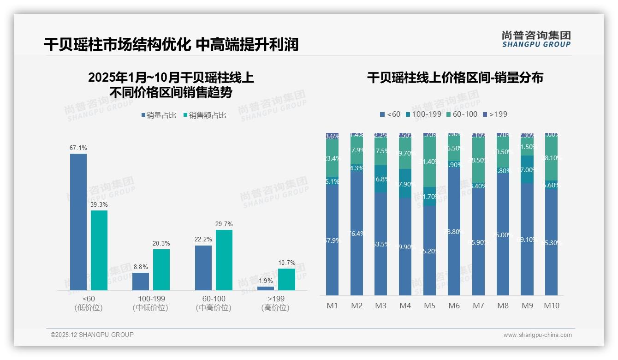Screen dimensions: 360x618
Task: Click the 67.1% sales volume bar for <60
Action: click(x=78, y=222)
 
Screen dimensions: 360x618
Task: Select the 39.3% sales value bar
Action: click(x=99, y=250)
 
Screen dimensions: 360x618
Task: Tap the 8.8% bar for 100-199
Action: click(x=141, y=281)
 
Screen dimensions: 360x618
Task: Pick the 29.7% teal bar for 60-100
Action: click(x=224, y=260)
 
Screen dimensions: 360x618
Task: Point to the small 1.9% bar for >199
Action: click(x=265, y=288)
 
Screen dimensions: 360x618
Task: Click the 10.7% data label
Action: click(x=287, y=263)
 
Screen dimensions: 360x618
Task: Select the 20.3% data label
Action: click(x=161, y=244)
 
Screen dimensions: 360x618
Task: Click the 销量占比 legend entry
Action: click(x=159, y=115)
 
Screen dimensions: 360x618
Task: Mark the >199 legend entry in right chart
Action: click(x=495, y=114)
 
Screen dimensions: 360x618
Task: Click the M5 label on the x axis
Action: click(x=429, y=306)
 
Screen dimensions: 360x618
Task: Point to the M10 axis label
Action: click(x=551, y=306)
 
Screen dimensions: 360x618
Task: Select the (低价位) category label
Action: click(x=88, y=308)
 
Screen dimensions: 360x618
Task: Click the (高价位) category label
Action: click(x=275, y=308)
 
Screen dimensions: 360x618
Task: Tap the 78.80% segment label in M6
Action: click(x=454, y=232)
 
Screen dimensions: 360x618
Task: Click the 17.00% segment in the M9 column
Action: click(x=527, y=169)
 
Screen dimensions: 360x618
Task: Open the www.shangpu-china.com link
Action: click(x=537, y=335)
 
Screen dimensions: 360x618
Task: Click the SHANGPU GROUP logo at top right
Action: click(x=536, y=39)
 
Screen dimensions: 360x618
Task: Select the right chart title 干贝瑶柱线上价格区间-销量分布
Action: click(x=455, y=78)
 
